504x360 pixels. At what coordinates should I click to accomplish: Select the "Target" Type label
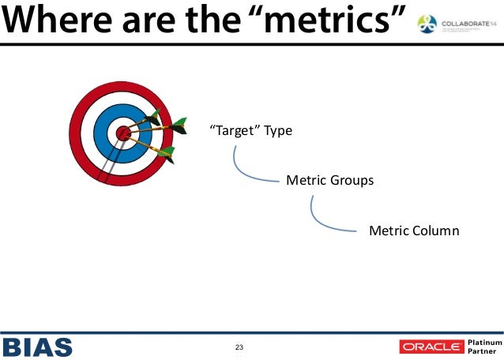coord(250,130)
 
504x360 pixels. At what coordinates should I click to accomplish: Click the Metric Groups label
coord(329,180)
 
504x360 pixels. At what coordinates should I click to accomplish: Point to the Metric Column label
coord(413,231)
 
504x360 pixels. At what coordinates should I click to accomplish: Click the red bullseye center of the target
coord(123,133)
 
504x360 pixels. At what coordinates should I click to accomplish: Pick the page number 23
coord(239,347)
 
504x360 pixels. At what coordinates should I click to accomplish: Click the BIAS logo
coord(37,347)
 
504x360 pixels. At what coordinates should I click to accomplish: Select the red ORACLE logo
coord(431,347)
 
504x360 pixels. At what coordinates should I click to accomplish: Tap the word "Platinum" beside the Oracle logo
coord(484,341)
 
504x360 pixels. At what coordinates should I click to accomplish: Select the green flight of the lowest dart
coord(167,154)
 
